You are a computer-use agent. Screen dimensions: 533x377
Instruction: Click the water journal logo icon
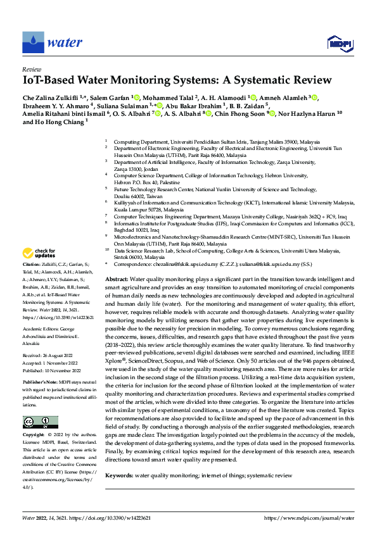tap(33, 42)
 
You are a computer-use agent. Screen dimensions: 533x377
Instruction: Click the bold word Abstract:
tap(117, 279)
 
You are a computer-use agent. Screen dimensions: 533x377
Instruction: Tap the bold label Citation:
tap(32, 263)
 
